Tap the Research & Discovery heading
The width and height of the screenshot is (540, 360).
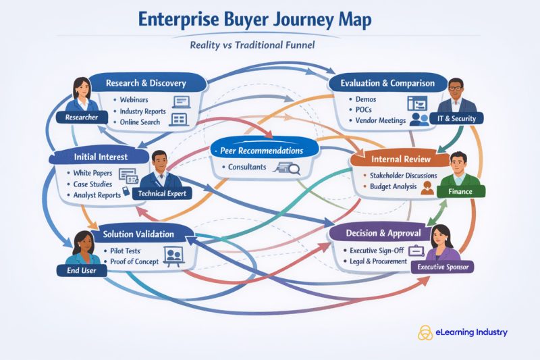(x=146, y=84)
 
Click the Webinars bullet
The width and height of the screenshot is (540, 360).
(x=135, y=100)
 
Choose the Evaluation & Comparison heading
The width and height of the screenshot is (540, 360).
(x=387, y=84)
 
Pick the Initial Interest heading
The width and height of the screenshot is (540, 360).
(x=101, y=157)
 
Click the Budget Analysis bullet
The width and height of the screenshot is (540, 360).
(x=394, y=186)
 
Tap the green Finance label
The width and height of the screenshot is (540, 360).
(x=459, y=192)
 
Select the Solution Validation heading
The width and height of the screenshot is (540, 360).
(x=138, y=234)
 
